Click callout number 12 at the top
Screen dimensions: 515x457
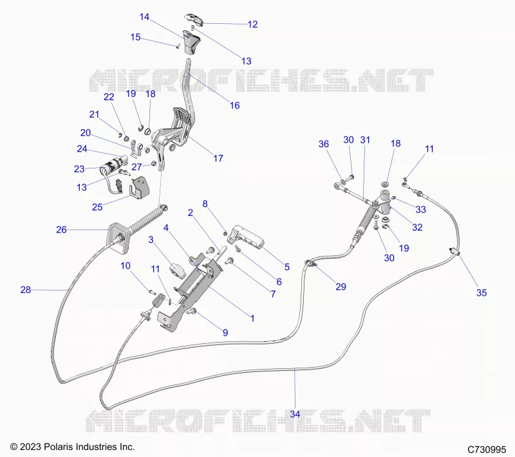pos(252,24)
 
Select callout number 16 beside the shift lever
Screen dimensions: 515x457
pos(234,105)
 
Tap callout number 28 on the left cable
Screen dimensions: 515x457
pos(26,290)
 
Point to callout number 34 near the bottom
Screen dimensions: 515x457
pos(295,414)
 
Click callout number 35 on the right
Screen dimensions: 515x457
pos(482,292)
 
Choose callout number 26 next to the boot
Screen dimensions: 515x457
pos(61,230)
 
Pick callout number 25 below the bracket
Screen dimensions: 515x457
pos(97,207)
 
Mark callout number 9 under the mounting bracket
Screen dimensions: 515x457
pos(225,333)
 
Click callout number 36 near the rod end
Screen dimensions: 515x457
pos(324,144)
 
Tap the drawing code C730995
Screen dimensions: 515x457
pos(487,449)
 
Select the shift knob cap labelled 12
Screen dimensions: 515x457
pos(194,20)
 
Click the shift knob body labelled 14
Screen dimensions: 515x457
pos(191,42)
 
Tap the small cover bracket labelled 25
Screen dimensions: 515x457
pos(140,188)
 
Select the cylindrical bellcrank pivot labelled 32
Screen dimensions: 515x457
pos(386,201)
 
